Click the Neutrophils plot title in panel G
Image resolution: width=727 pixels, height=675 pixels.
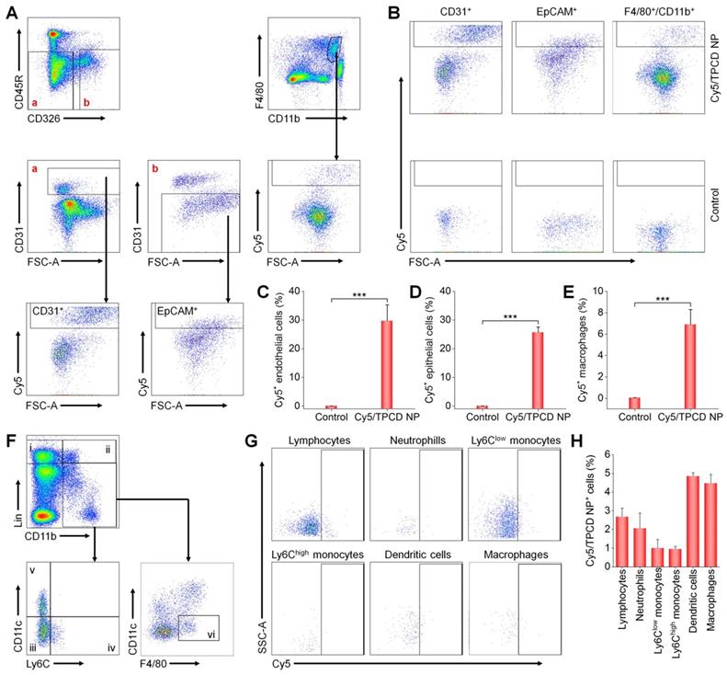click(412, 440)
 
